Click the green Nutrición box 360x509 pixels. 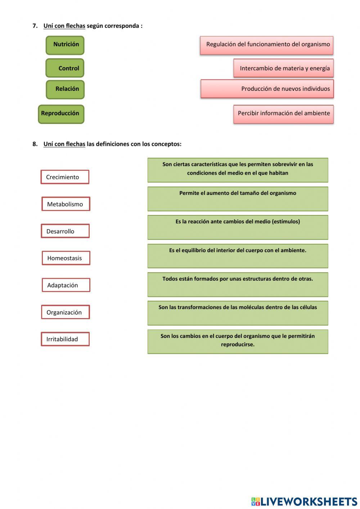click(x=65, y=45)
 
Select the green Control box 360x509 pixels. click(x=65, y=68)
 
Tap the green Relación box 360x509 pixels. click(x=65, y=89)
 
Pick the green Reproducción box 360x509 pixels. click(x=61, y=114)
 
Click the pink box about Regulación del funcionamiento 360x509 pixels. click(x=267, y=45)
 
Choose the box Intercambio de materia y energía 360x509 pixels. click(x=284, y=68)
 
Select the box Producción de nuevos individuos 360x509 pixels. click(x=267, y=89)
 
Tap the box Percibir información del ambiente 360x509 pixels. click(x=284, y=114)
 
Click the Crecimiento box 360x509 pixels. click(x=65, y=177)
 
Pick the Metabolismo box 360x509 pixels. click(x=66, y=204)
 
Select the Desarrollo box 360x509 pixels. click(x=65, y=231)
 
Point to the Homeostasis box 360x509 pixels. click(x=66, y=258)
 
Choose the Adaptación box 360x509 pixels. click(x=66, y=285)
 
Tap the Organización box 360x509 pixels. click(x=65, y=312)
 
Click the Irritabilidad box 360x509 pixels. click(x=65, y=339)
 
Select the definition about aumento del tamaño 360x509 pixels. click(x=238, y=198)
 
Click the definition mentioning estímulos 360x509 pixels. click(x=238, y=227)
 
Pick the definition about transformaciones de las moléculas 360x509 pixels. click(x=238, y=313)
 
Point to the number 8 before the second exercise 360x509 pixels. click(x=35, y=144)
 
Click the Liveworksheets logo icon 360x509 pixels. click(x=256, y=501)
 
